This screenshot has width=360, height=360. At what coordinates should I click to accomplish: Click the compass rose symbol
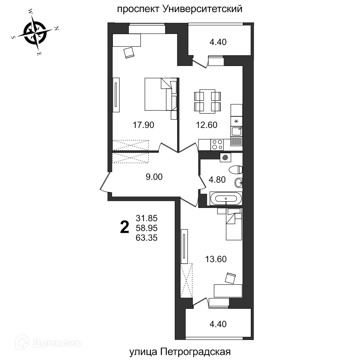[35, 33]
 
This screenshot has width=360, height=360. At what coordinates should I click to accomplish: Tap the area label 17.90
[144, 125]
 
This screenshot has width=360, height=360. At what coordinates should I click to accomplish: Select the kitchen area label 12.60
[206, 125]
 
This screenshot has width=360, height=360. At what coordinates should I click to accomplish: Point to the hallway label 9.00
[154, 177]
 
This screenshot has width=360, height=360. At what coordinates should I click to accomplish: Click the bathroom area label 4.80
[217, 180]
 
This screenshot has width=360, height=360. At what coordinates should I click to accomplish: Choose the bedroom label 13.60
[216, 259]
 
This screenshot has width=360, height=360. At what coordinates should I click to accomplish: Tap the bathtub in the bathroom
[226, 198]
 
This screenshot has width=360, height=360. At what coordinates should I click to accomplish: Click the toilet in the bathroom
[236, 170]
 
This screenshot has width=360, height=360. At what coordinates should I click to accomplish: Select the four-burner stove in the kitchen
[217, 145]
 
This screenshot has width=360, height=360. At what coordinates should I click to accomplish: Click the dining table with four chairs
[207, 101]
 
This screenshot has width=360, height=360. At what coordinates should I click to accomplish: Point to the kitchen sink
[236, 131]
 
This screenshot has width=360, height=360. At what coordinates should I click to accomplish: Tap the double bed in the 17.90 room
[161, 94]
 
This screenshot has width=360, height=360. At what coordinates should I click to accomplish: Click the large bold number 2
[125, 227]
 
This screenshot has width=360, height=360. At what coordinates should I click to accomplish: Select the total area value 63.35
[146, 238]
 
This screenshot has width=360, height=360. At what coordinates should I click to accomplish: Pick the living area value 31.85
[146, 218]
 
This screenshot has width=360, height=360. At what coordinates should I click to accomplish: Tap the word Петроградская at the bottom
[195, 352]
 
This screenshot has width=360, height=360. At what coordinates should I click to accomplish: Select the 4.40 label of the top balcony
[218, 42]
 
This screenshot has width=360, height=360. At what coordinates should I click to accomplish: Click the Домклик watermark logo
[48, 342]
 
